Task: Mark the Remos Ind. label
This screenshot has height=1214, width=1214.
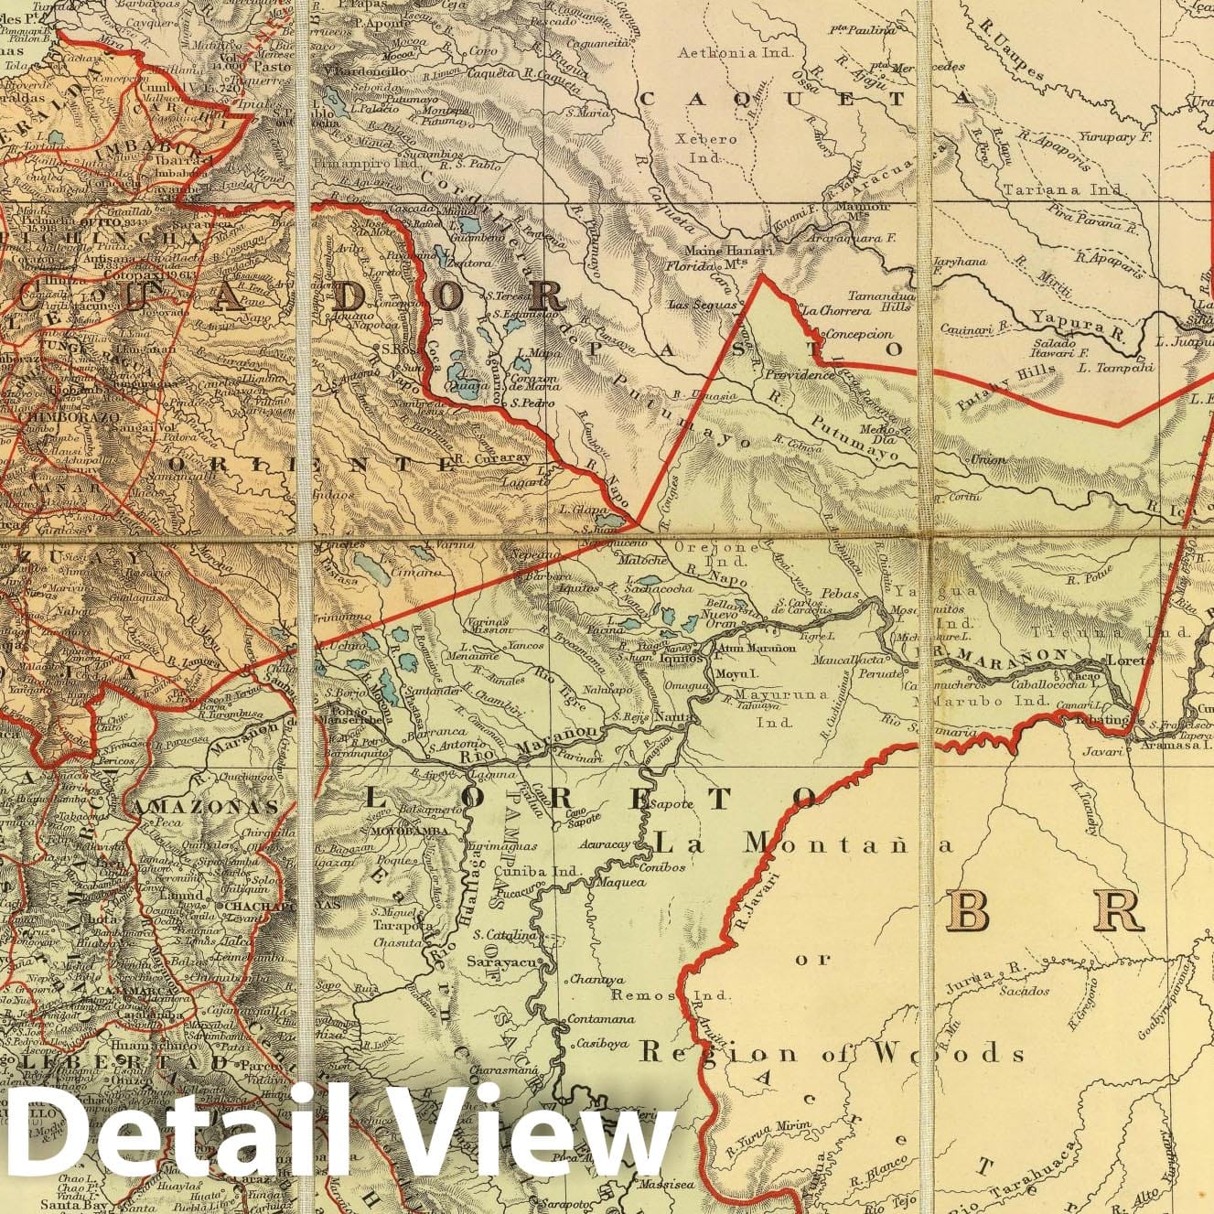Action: pos(648,995)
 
